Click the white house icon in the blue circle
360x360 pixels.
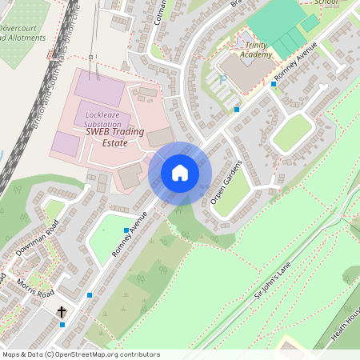(180, 172)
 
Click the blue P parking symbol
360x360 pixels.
(222, 80)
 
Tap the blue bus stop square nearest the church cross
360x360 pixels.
(62, 324)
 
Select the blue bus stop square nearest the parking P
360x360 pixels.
(237, 109)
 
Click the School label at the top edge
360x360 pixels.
(326, 3)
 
